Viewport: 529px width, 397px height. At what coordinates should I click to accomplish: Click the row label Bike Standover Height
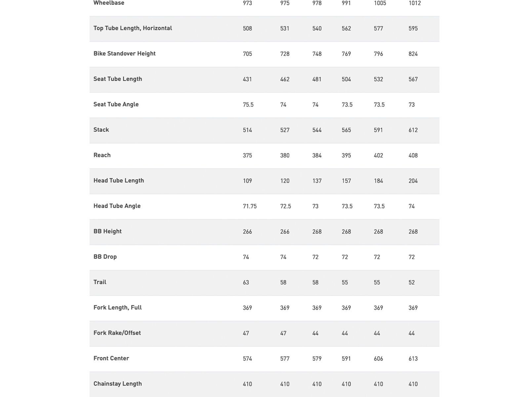pyautogui.click(x=124, y=54)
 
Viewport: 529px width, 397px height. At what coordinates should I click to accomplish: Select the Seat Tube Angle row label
pyautogui.click(x=116, y=105)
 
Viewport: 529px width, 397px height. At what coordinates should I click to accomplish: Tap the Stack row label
pyautogui.click(x=101, y=130)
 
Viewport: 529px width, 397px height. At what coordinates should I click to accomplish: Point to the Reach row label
pyautogui.click(x=102, y=155)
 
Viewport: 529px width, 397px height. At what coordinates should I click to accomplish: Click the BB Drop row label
pyautogui.click(x=105, y=257)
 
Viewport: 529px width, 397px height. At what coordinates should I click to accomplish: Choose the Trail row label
pyautogui.click(x=100, y=282)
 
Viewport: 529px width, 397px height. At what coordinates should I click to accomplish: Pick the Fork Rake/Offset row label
pyautogui.click(x=117, y=333)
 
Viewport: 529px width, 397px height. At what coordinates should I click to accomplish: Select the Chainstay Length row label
pyautogui.click(x=118, y=384)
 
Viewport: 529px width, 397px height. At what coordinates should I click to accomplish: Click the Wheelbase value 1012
pyautogui.click(x=415, y=3)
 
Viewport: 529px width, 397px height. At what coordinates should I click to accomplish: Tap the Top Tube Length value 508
pyautogui.click(x=247, y=28)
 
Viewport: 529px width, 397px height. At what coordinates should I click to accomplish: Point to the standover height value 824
pyautogui.click(x=413, y=54)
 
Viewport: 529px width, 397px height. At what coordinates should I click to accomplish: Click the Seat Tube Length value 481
pyautogui.click(x=317, y=79)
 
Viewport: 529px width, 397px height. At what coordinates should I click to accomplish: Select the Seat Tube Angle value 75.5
pyautogui.click(x=248, y=105)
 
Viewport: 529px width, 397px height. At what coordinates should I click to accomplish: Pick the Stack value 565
pyautogui.click(x=346, y=130)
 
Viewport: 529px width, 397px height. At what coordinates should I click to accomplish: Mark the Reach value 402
pyautogui.click(x=378, y=155)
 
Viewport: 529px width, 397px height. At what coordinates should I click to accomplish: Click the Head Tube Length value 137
pyautogui.click(x=317, y=181)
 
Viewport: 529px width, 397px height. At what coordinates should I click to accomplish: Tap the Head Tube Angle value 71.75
pyautogui.click(x=250, y=206)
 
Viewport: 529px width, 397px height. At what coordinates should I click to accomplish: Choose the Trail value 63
pyautogui.click(x=246, y=283)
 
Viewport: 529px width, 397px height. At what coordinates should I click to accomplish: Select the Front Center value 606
pyautogui.click(x=378, y=359)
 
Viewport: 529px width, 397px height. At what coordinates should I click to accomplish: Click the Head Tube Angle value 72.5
pyautogui.click(x=285, y=206)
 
